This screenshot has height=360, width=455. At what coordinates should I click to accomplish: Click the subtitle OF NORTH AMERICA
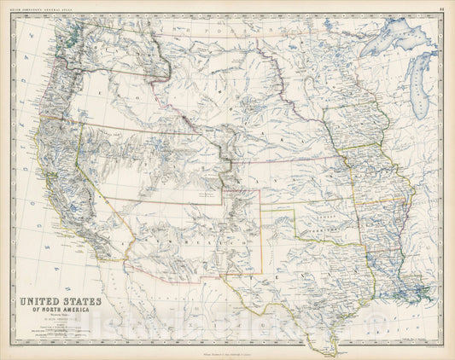click(x=55, y=311)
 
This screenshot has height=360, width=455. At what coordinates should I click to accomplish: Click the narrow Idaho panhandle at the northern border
click(x=154, y=43)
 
